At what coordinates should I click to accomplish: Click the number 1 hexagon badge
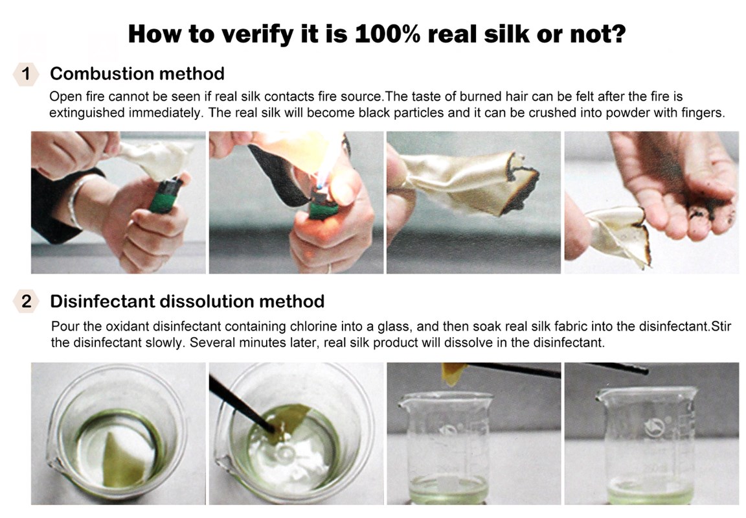(x=26, y=74)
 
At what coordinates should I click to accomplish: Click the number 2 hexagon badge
(x=26, y=301)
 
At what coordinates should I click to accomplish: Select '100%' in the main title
(x=387, y=34)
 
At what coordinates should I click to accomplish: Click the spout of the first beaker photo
(x=54, y=464)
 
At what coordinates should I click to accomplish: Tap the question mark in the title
(x=618, y=34)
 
